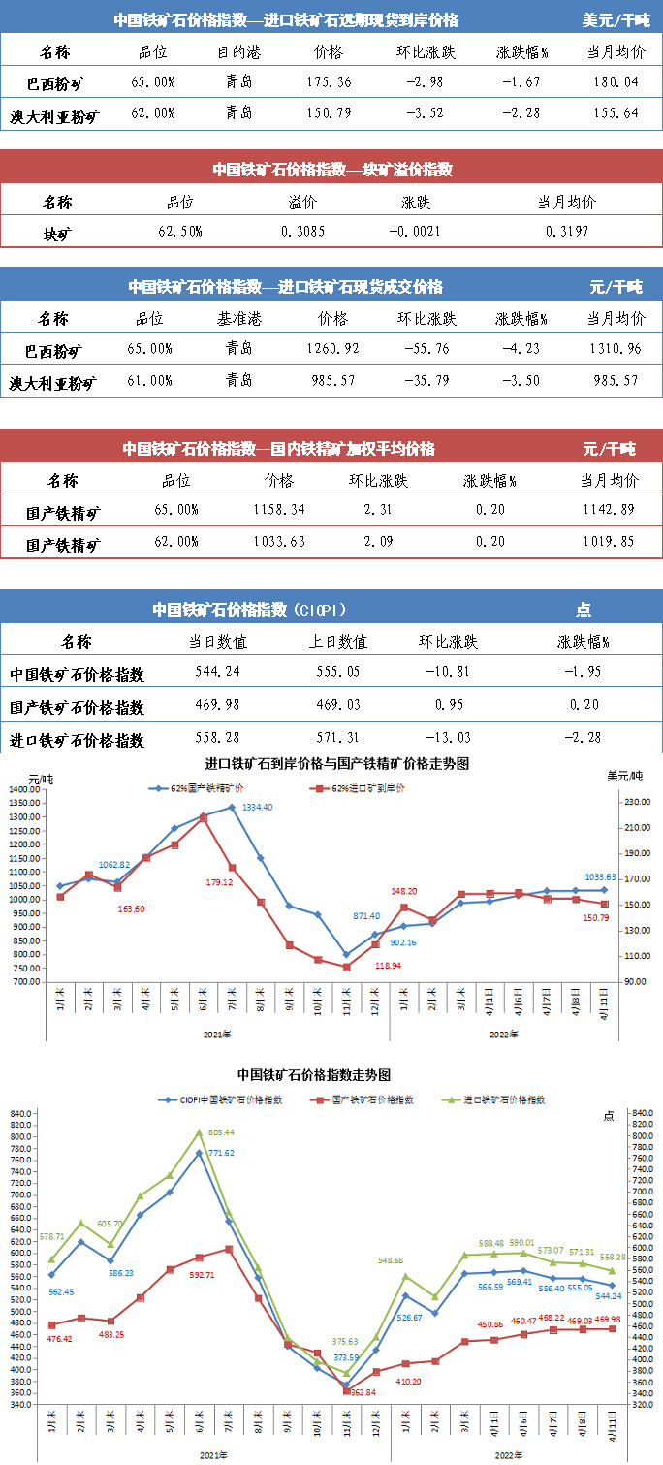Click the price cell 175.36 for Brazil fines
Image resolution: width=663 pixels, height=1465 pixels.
pyautogui.click(x=329, y=81)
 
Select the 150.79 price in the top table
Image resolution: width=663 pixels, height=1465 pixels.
pyautogui.click(x=329, y=113)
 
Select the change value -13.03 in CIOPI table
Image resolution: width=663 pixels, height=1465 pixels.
pyautogui.click(x=448, y=738)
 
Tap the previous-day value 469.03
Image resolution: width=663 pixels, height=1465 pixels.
pyautogui.click(x=341, y=705)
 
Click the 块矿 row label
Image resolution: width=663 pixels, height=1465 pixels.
pyautogui.click(x=57, y=233)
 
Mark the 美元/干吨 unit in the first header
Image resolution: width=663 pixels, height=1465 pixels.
pyautogui.click(x=616, y=19)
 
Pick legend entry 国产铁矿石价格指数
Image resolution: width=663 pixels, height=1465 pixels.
pyautogui.click(x=372, y=1099)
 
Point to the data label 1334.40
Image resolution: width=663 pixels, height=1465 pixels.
pyautogui.click(x=256, y=807)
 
